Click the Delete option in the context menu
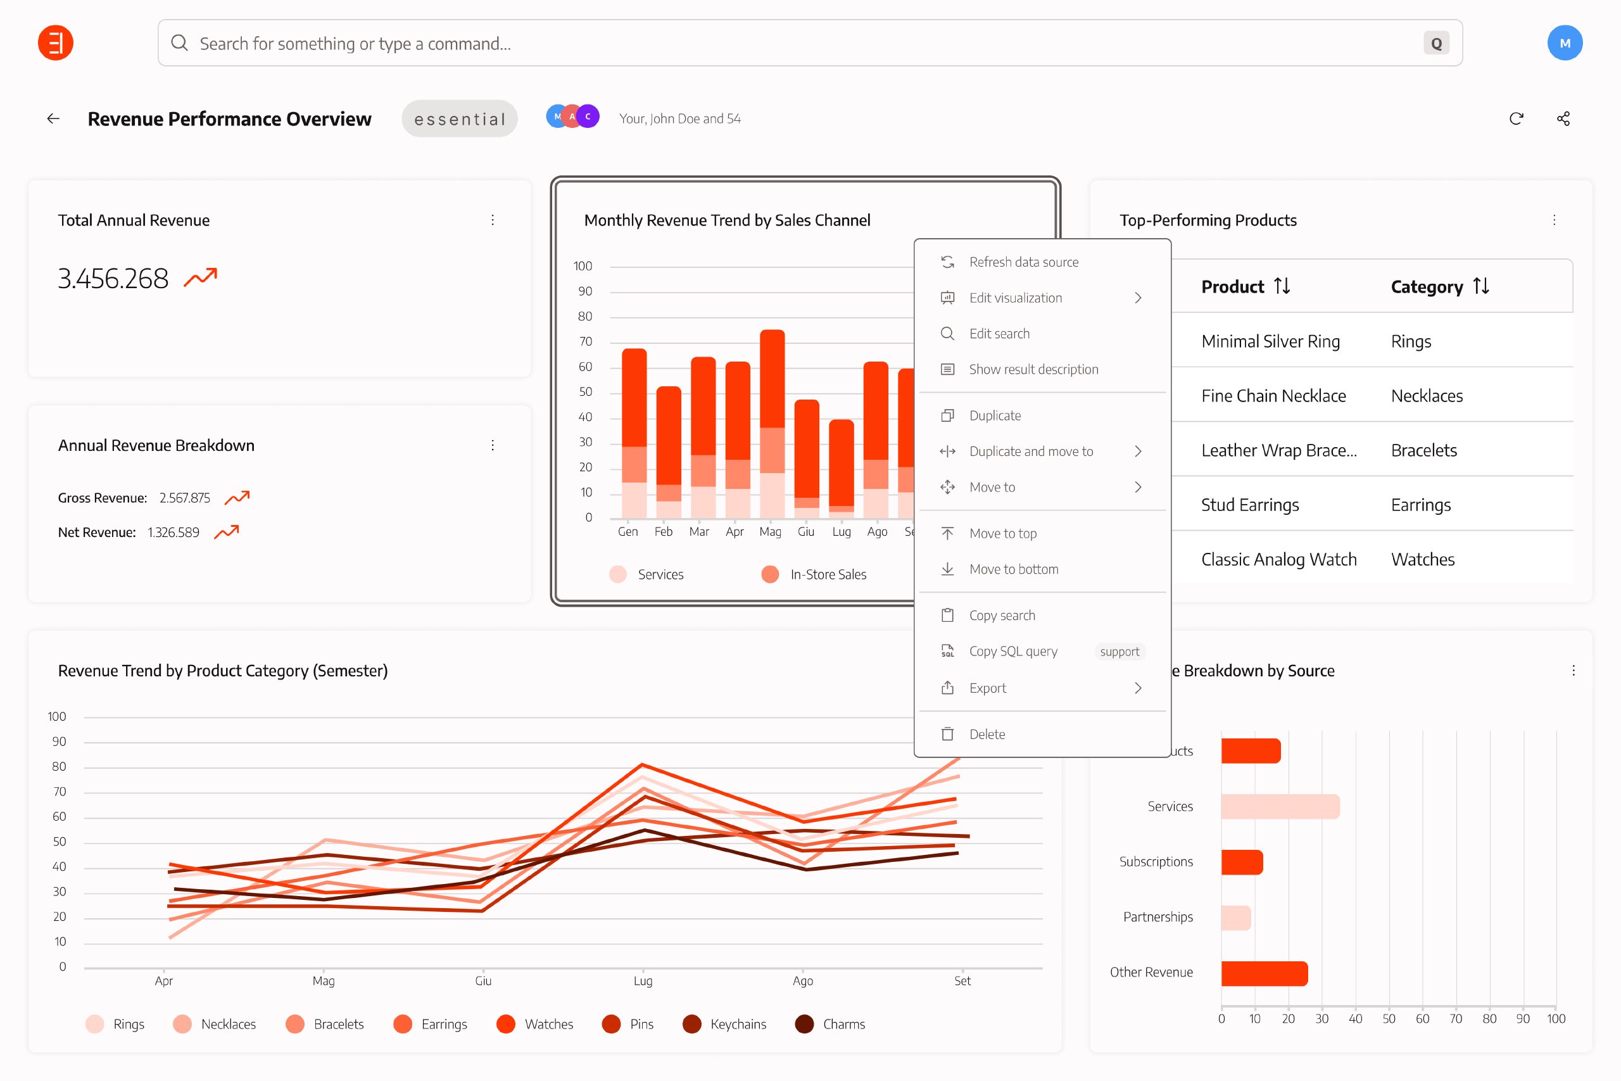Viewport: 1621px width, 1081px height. (987, 734)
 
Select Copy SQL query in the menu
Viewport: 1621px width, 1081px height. (1012, 652)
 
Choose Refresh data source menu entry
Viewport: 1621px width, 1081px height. (1023, 262)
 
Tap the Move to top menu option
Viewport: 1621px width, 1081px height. (1002, 533)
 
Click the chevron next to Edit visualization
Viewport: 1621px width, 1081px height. (1138, 298)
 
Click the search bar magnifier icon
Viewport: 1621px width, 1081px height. (179, 44)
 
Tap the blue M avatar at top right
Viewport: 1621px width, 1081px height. (1564, 44)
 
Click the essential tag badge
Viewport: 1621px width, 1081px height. (460, 118)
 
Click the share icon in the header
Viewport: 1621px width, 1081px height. (1563, 118)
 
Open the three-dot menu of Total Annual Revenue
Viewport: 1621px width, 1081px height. (493, 220)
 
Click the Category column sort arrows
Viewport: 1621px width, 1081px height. (1481, 286)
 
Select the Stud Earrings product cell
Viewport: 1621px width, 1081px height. (1249, 505)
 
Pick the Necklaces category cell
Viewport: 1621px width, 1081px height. (1426, 396)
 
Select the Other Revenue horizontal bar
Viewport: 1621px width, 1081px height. (1264, 973)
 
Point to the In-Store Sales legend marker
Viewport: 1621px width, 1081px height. (770, 574)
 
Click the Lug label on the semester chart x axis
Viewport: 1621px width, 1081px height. (642, 980)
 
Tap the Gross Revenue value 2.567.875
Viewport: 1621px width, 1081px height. (185, 498)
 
